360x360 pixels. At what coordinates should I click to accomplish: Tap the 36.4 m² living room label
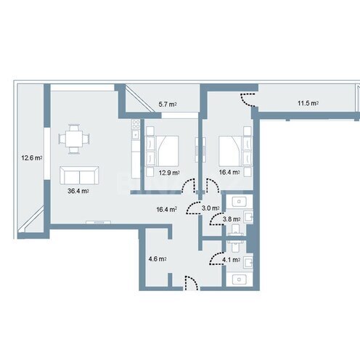coord(78,191)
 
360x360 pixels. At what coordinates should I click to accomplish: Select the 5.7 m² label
coord(168,105)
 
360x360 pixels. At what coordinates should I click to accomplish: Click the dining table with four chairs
coord(74,139)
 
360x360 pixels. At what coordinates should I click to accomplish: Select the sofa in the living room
coord(78,174)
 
